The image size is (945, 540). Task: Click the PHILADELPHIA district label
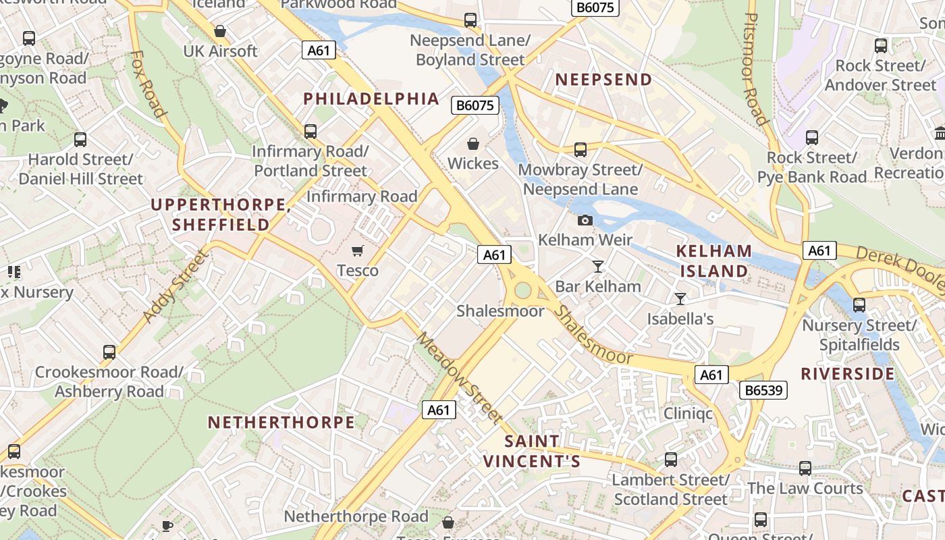(371, 99)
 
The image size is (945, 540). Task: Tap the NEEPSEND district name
(603, 80)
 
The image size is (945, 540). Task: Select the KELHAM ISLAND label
(714, 261)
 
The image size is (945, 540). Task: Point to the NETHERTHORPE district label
(281, 423)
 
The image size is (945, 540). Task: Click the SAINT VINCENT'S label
(532, 451)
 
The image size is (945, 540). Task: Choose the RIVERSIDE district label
(847, 374)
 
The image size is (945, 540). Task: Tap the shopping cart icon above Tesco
(358, 251)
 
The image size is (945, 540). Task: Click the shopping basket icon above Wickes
(473, 144)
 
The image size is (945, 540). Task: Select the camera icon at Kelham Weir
(585, 220)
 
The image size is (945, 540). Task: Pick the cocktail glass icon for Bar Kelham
(597, 267)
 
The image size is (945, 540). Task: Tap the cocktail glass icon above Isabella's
(680, 298)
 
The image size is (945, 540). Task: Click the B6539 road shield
(763, 390)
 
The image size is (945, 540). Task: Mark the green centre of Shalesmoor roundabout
(522, 290)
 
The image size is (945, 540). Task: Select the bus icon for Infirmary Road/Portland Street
(310, 132)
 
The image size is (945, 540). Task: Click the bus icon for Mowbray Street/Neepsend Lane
(580, 150)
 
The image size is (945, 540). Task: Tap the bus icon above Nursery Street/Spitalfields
(859, 305)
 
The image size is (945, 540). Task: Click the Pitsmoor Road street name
(754, 67)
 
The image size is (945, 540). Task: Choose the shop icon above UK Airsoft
(219, 31)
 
